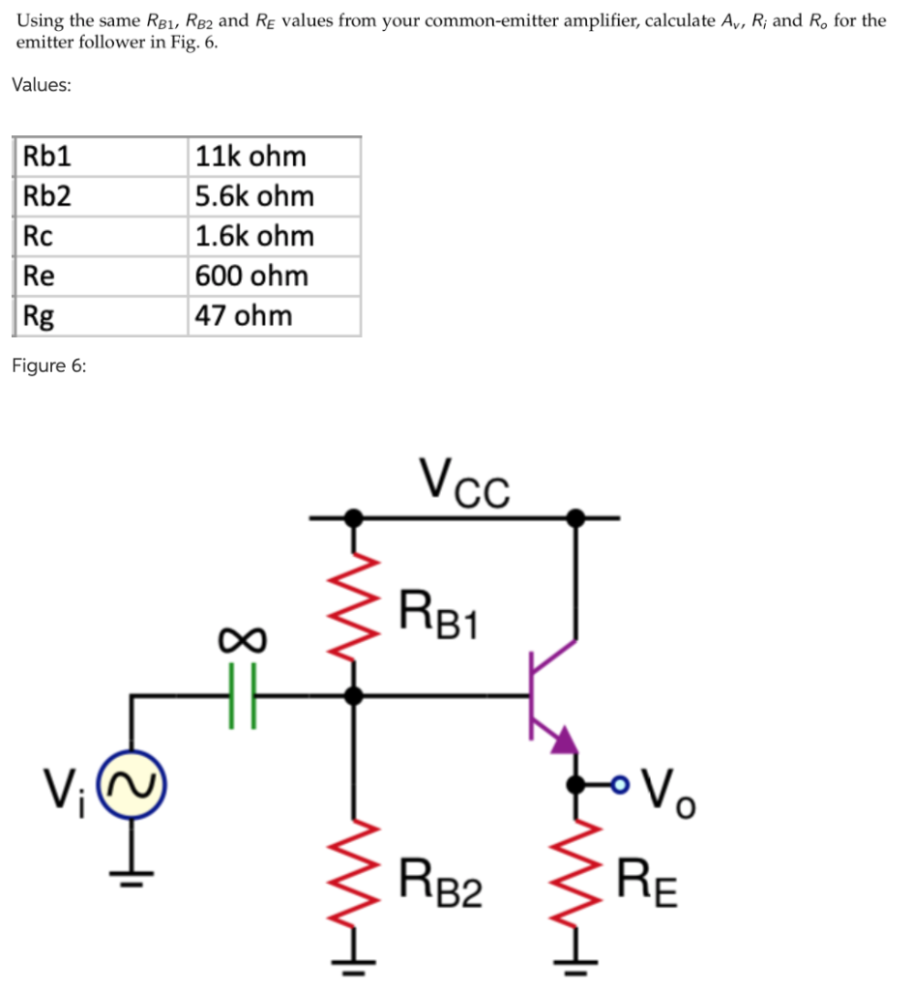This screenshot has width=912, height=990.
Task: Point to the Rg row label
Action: (x=40, y=315)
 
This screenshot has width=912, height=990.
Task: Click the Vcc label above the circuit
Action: (x=464, y=480)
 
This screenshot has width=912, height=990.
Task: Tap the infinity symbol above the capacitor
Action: (x=241, y=640)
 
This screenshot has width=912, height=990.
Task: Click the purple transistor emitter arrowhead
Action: (x=564, y=741)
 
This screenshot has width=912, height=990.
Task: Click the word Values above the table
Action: (x=41, y=84)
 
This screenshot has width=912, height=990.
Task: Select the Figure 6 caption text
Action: (x=48, y=364)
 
